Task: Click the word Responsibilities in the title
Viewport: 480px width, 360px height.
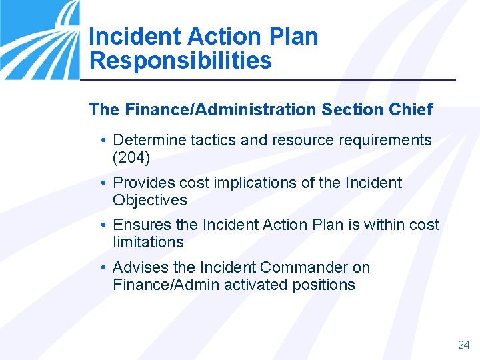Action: [x=180, y=61]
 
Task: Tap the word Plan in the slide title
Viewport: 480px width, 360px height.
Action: [x=292, y=36]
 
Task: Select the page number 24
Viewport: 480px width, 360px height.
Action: [x=464, y=345]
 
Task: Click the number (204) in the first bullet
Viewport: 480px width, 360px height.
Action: [x=132, y=157]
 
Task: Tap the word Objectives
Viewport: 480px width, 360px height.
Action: [x=150, y=200]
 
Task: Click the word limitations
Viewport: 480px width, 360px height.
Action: [x=148, y=242]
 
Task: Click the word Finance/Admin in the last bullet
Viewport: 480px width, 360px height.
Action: [x=160, y=285]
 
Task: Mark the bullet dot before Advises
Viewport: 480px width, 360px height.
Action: [x=105, y=268]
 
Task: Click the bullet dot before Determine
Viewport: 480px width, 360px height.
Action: [x=105, y=141]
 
